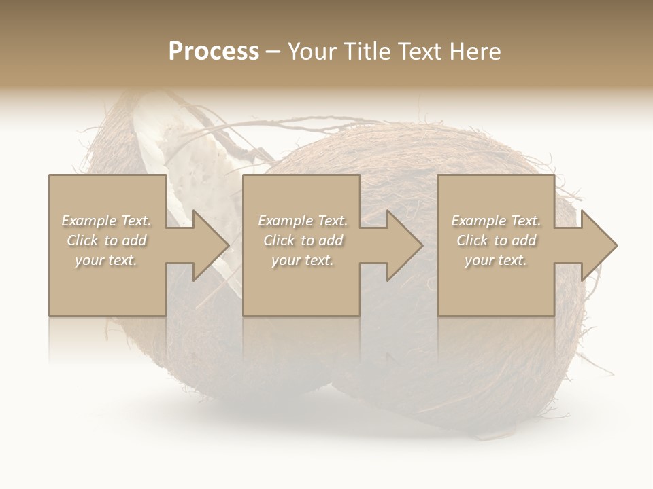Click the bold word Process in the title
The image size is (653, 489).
(x=214, y=52)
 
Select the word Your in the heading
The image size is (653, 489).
(x=311, y=52)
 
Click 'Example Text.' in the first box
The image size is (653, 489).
(x=106, y=221)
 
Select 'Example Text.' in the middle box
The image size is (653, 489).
(x=303, y=221)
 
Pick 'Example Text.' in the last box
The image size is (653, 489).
(x=496, y=221)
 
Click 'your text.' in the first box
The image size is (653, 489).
(x=106, y=260)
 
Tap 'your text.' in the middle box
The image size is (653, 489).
(x=303, y=260)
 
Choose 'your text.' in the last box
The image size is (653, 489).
(x=496, y=260)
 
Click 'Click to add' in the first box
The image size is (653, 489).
(x=106, y=240)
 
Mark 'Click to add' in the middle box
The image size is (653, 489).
(x=303, y=240)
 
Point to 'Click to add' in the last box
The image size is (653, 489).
(x=496, y=240)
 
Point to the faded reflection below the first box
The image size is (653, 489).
(x=107, y=340)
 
